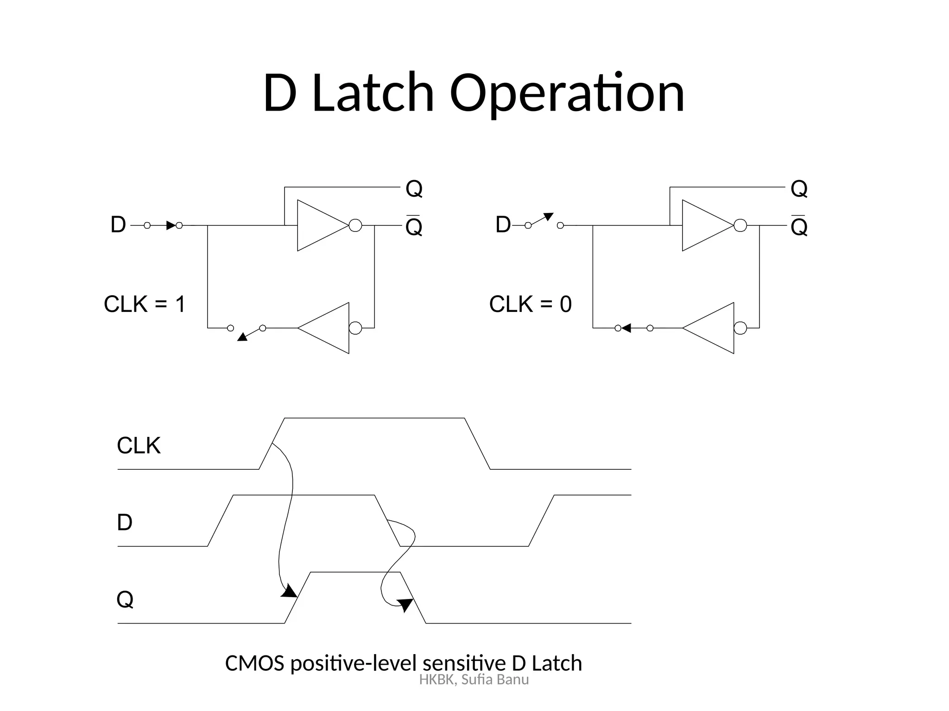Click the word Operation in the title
(x=566, y=94)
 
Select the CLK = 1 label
(x=145, y=305)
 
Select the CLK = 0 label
(x=530, y=305)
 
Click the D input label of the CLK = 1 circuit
(x=118, y=225)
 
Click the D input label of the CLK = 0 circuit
(x=503, y=225)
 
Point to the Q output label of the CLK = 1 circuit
(x=414, y=189)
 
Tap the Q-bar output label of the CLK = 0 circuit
(x=799, y=226)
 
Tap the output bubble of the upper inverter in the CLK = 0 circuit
(x=740, y=225)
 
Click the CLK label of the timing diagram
(x=139, y=446)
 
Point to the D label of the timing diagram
(x=125, y=523)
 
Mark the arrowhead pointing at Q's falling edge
(x=405, y=604)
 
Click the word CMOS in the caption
(x=254, y=663)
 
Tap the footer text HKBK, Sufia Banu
(x=474, y=680)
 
